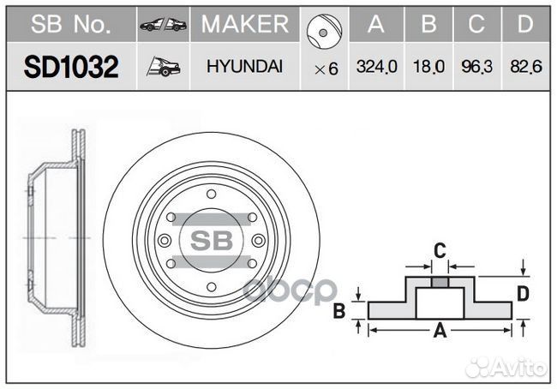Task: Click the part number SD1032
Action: [x=70, y=67]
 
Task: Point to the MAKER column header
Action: [x=244, y=25]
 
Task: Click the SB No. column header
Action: [x=70, y=26]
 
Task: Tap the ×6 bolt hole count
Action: [x=326, y=69]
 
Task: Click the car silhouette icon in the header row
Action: [x=163, y=26]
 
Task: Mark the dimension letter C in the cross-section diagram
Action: [x=438, y=251]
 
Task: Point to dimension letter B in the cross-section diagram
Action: [x=339, y=310]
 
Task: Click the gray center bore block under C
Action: [x=439, y=283]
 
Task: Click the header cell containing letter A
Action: [x=374, y=25]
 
